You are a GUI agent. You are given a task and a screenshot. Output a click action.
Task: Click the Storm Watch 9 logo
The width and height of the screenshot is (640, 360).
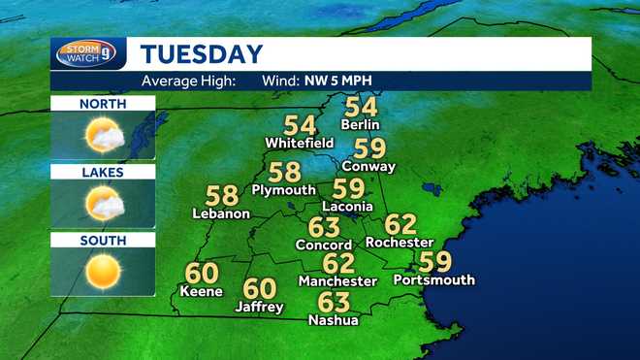(90, 53)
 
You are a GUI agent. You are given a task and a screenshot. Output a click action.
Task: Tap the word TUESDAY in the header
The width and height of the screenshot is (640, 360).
(201, 54)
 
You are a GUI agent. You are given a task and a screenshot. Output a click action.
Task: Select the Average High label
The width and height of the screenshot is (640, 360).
(189, 82)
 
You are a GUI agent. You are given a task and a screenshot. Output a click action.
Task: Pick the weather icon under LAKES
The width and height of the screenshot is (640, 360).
(103, 204)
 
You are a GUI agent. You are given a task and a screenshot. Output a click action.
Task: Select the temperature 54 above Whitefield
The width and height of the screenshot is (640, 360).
(300, 125)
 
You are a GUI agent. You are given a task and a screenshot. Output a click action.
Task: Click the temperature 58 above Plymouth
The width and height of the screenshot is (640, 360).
(285, 172)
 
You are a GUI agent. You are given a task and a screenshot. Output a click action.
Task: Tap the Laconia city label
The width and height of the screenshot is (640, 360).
(346, 206)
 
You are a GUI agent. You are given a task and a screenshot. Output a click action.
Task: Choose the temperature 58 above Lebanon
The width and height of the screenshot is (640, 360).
(222, 195)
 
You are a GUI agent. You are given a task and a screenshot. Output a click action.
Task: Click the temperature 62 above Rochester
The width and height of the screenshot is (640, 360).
(400, 224)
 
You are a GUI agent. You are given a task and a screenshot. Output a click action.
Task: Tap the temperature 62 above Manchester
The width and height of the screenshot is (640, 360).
(338, 262)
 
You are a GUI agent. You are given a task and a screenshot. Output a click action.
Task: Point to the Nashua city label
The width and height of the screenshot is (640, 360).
(334, 319)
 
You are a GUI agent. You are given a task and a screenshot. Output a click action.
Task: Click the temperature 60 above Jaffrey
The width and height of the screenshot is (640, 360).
(260, 288)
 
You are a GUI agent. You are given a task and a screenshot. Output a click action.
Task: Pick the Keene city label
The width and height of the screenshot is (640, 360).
(201, 291)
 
